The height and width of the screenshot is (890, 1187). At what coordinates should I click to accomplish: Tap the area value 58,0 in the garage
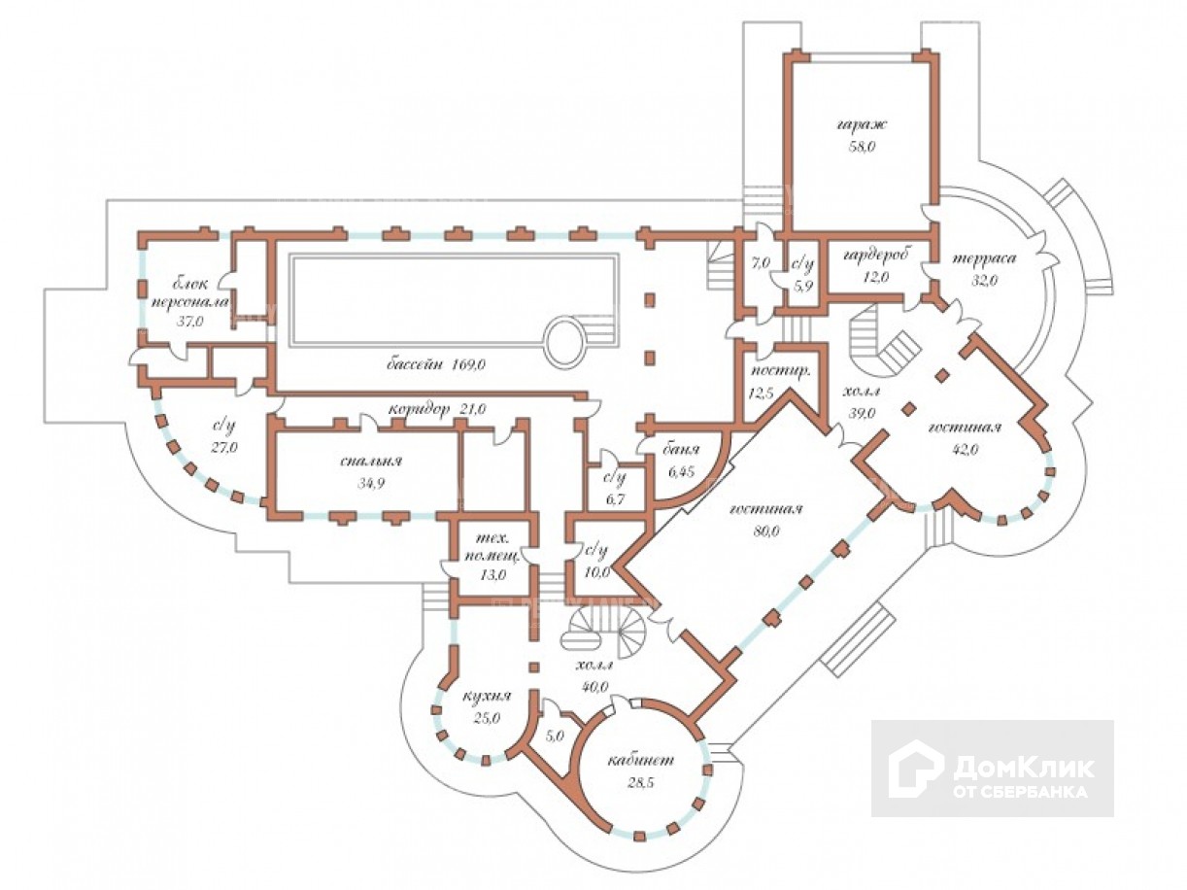862,147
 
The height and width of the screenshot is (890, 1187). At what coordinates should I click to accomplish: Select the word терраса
984,258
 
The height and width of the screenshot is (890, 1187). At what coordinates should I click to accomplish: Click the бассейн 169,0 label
436,364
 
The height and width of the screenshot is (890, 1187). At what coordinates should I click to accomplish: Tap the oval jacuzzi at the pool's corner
564,341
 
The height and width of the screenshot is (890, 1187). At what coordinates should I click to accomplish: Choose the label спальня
371,462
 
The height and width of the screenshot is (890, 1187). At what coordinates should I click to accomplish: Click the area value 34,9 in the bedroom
370,484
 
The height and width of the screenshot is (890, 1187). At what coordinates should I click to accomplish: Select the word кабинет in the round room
641,760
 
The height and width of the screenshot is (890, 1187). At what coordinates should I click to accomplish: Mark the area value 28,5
640,782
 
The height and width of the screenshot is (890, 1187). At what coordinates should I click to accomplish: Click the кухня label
487,696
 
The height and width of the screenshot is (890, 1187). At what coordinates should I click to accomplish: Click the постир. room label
781,371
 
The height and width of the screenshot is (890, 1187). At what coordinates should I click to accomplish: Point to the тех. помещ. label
492,548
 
